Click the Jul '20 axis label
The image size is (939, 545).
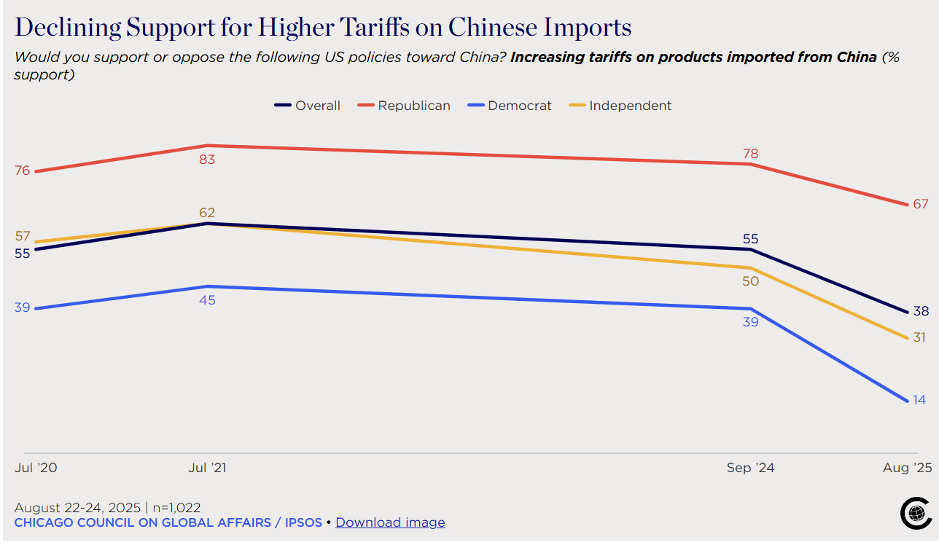coord(36,468)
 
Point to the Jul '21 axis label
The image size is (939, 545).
coord(207,468)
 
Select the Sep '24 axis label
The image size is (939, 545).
coord(750,468)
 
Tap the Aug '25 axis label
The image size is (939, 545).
coord(907,468)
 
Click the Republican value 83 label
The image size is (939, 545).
coord(207,159)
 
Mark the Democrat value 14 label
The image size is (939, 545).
coord(919,400)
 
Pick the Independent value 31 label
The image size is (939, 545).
coord(919,337)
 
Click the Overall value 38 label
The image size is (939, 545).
coord(921,311)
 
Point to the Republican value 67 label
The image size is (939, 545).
coord(920,204)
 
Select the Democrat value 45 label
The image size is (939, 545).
coord(207,299)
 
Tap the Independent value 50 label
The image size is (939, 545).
coord(750,281)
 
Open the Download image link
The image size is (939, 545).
coord(390,522)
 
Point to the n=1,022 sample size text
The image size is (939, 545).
coord(176,507)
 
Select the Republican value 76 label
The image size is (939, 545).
coord(22,170)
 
